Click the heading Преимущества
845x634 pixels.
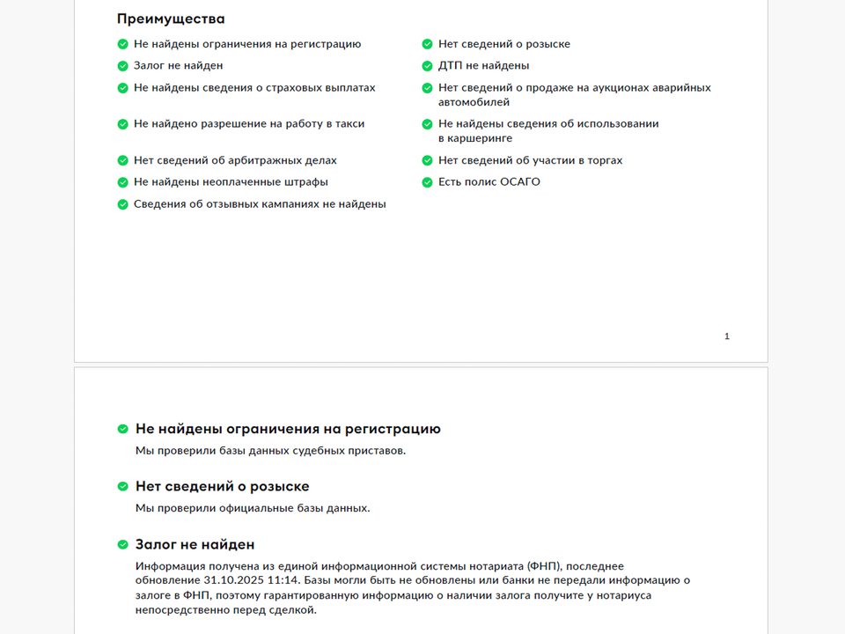[171, 18]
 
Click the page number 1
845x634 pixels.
[727, 336]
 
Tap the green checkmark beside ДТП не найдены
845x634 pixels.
[427, 66]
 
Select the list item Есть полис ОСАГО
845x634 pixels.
[489, 182]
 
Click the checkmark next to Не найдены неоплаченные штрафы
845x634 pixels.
[122, 182]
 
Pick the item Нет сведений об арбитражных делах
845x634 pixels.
[235, 160]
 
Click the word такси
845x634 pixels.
[349, 124]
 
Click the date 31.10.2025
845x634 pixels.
[232, 580]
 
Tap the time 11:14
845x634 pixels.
[283, 580]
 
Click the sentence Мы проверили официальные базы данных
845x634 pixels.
[253, 508]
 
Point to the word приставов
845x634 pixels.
[379, 451]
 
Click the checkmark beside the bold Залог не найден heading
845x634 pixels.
[123, 545]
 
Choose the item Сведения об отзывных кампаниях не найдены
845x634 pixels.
[260, 204]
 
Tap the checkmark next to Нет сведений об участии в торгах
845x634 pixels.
[427, 160]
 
